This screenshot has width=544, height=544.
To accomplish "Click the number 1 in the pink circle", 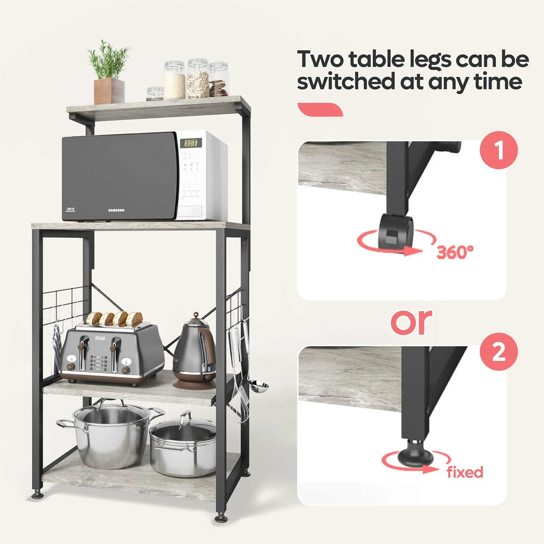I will click(x=499, y=150).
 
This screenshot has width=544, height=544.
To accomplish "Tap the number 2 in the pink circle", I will click(x=499, y=351).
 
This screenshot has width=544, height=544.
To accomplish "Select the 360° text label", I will click(x=455, y=252).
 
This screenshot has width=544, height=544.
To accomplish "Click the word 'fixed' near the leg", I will click(x=465, y=472).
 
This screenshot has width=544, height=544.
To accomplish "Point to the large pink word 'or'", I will click(x=412, y=322).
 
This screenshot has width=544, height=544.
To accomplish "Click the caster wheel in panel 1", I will click(x=396, y=231).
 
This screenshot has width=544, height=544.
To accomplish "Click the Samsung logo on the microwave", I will click(x=116, y=210).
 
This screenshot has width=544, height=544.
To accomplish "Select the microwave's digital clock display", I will click(x=191, y=143).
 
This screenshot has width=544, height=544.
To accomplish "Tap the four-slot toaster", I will click(x=111, y=354).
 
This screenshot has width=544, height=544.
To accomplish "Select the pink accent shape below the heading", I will click(x=320, y=110).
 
